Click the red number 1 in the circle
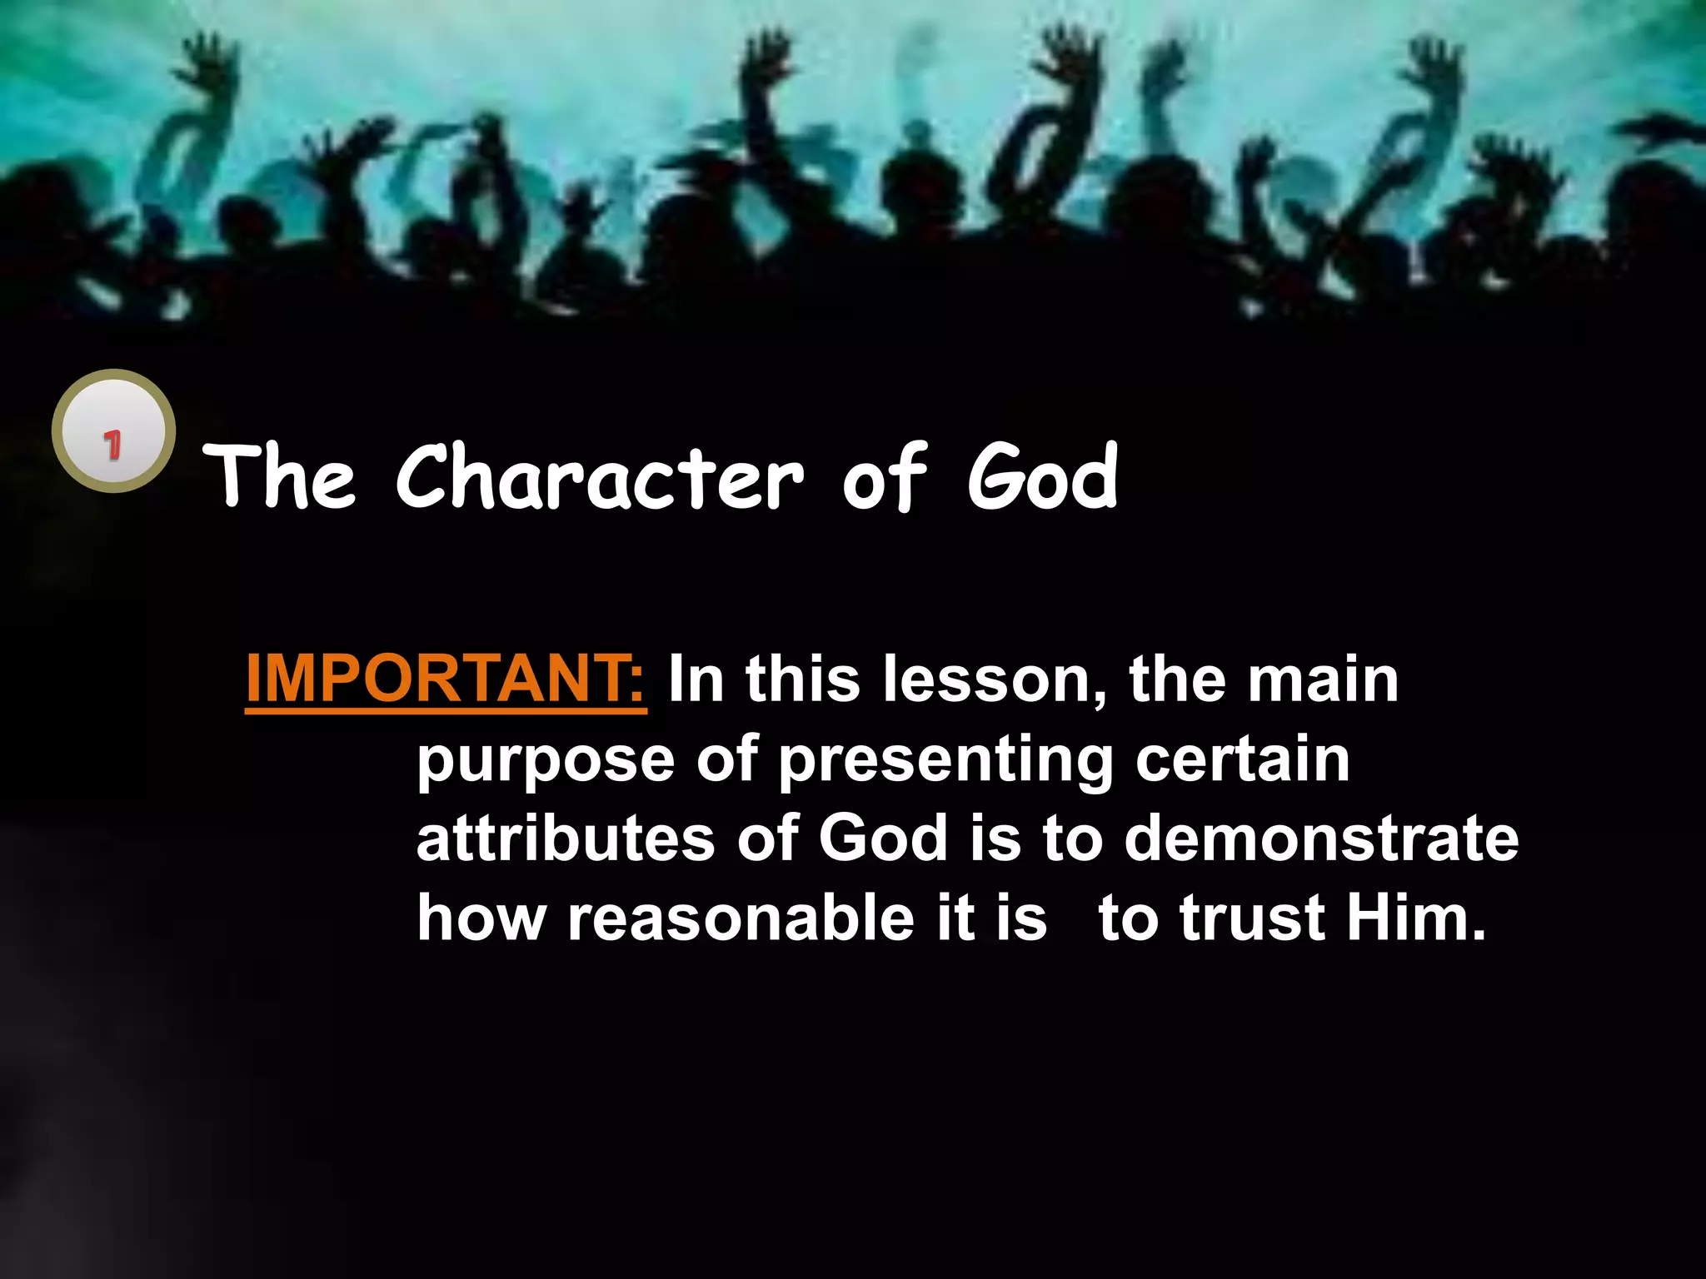tap(112, 444)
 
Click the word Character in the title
tap(600, 478)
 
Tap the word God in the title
tap(1042, 478)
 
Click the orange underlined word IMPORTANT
tap(445, 679)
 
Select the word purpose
tap(546, 761)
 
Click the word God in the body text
tap(883, 839)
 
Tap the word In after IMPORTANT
tap(696, 679)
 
